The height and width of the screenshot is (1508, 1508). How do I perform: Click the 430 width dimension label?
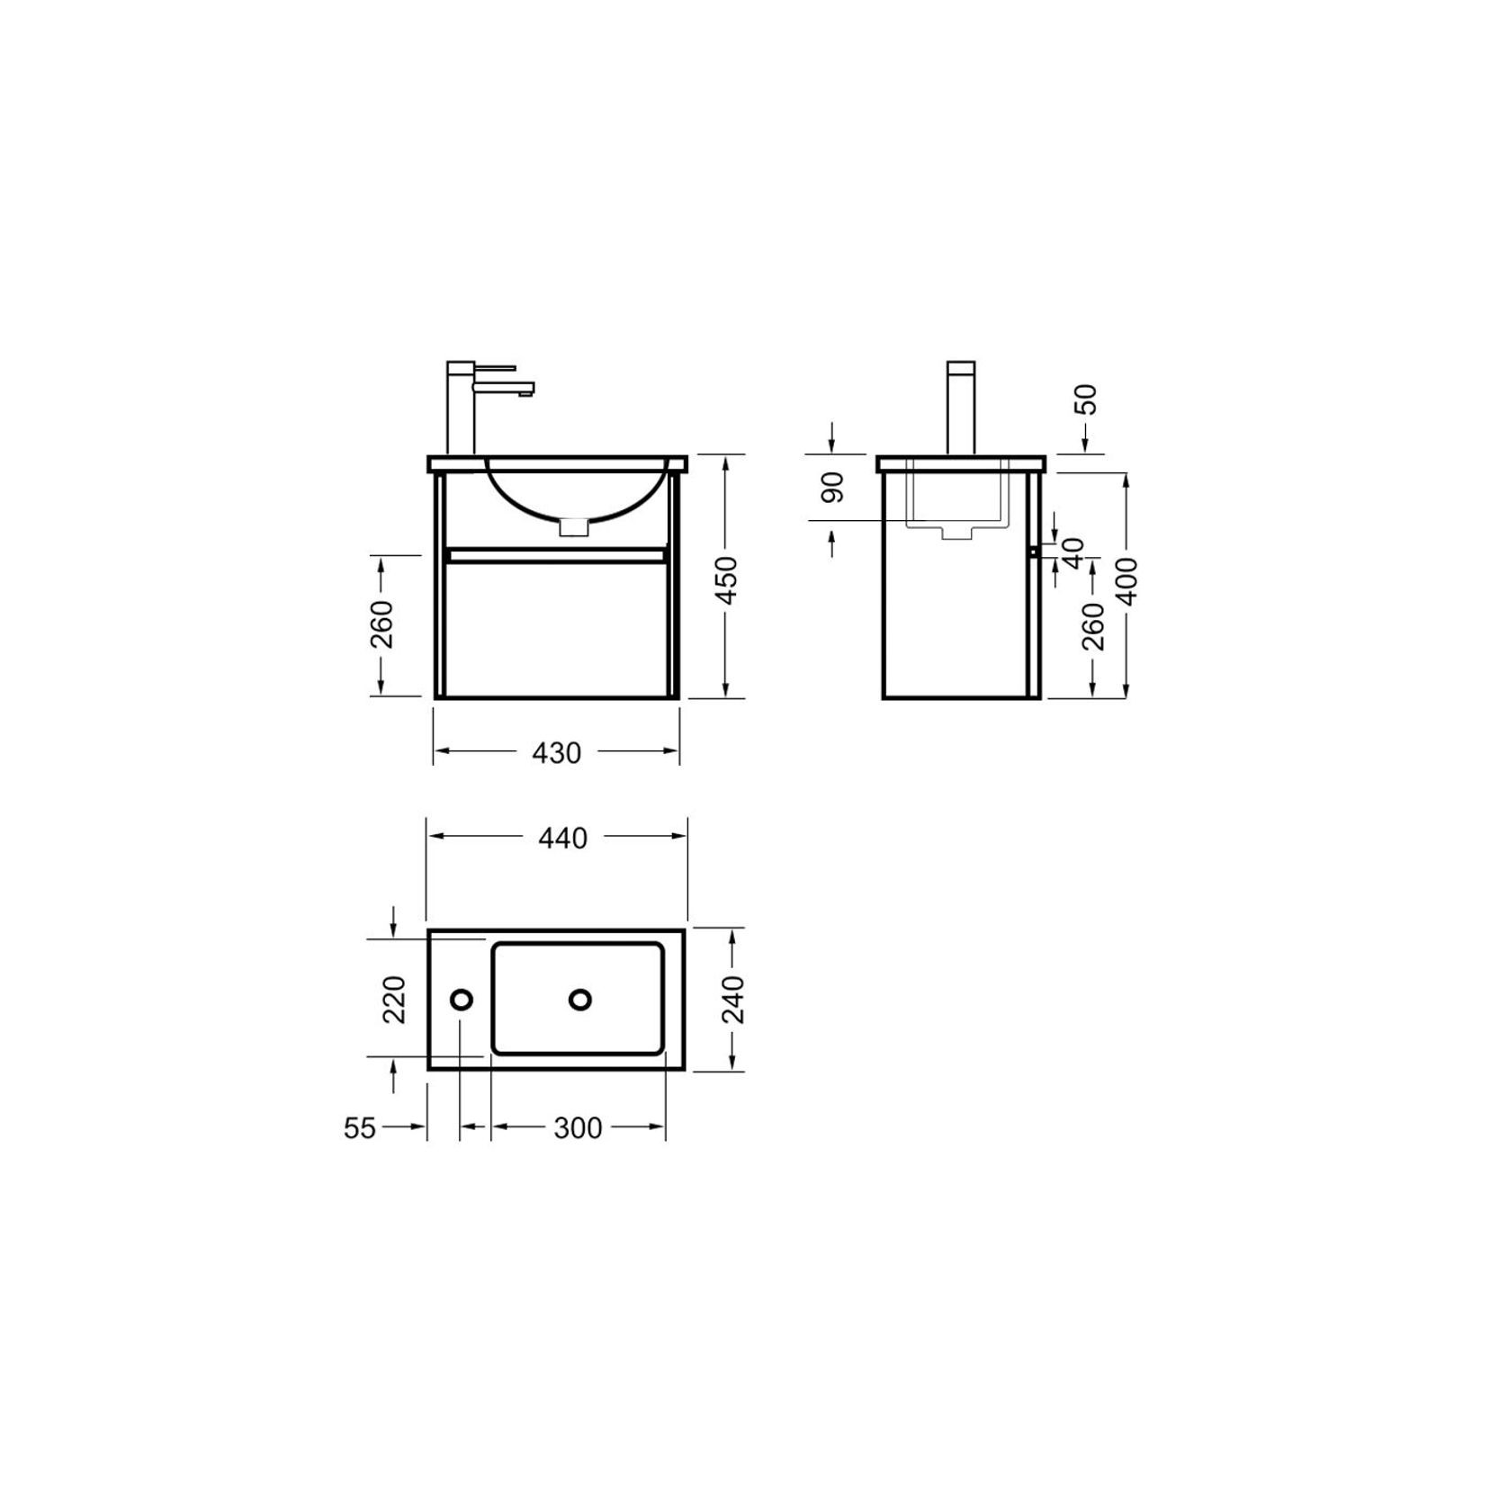(x=557, y=752)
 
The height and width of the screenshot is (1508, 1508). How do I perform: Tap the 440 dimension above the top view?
(x=562, y=838)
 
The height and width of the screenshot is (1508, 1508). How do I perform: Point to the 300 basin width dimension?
(x=578, y=1127)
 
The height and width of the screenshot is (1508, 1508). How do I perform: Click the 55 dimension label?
(x=360, y=1127)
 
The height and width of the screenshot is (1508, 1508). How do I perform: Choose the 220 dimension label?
(x=395, y=1000)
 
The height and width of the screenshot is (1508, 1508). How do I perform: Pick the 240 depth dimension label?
(x=734, y=999)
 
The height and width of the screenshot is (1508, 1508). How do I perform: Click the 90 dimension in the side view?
(x=834, y=487)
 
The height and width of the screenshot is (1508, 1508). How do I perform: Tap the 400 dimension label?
(x=1130, y=580)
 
